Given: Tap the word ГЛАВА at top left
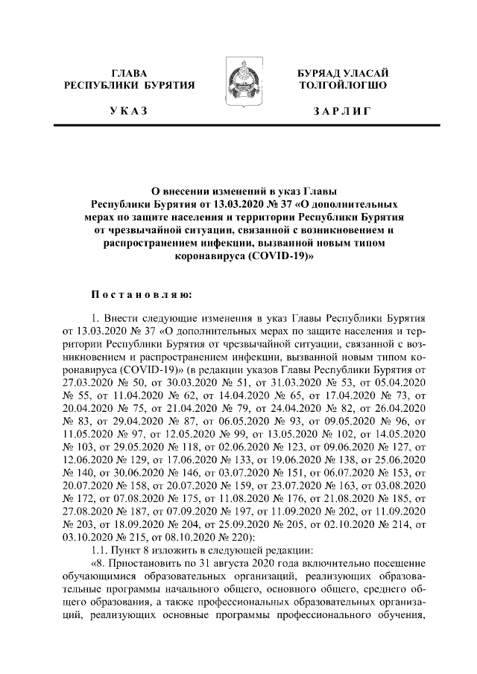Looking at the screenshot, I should (129, 72).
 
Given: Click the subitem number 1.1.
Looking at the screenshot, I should (100, 553).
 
